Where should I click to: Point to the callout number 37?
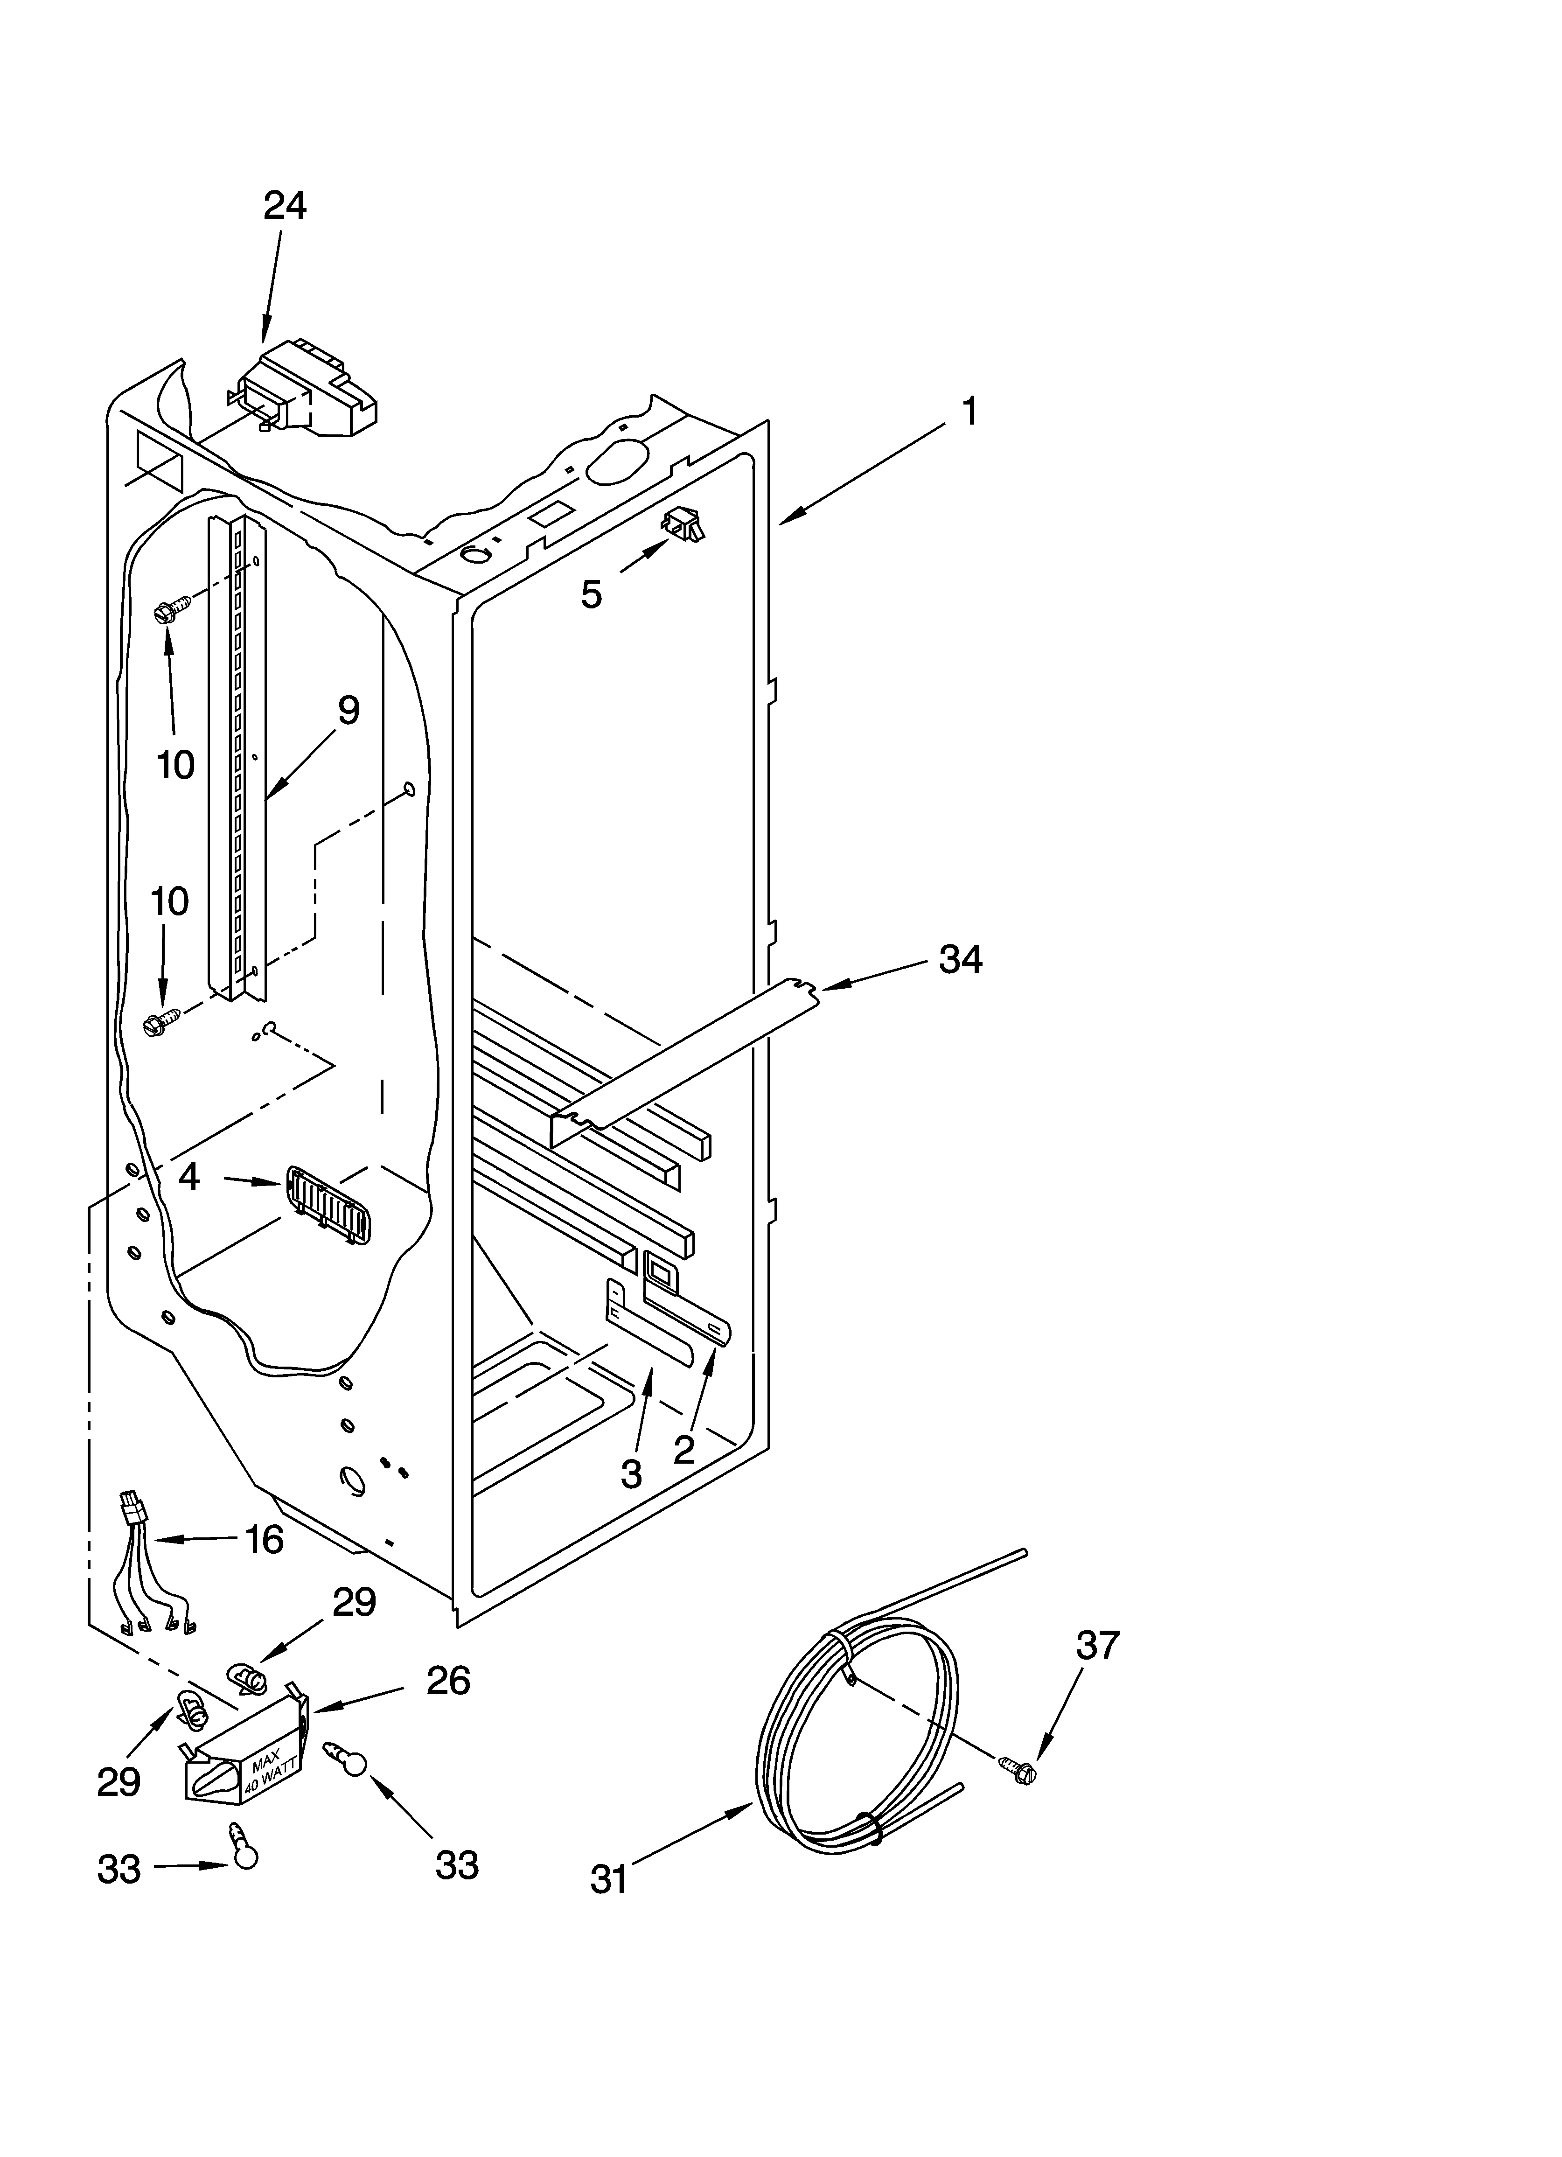pyautogui.click(x=1098, y=1644)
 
